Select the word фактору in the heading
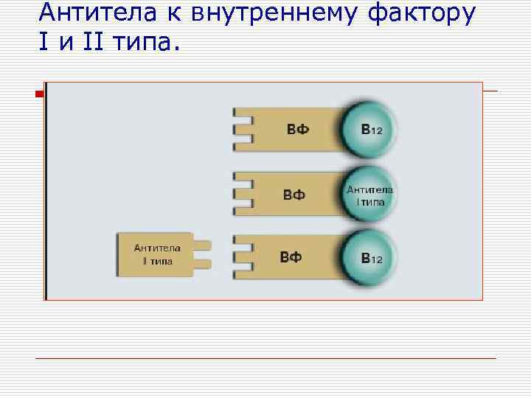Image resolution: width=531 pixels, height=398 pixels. pos(420,13)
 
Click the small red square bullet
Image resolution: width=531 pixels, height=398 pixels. pos(40,93)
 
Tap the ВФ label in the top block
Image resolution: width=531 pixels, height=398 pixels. pos(297,130)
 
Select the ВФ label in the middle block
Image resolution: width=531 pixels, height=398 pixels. pos(294,195)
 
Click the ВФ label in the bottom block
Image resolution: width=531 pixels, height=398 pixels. pos(291,257)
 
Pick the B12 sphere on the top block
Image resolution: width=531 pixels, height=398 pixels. pos(369,130)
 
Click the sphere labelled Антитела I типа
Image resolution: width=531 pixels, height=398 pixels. pos(369,195)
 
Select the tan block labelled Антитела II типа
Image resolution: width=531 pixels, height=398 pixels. pos(153,254)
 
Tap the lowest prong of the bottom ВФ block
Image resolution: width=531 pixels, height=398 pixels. pos(240,276)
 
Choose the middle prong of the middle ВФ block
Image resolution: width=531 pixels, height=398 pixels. pos(240,194)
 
